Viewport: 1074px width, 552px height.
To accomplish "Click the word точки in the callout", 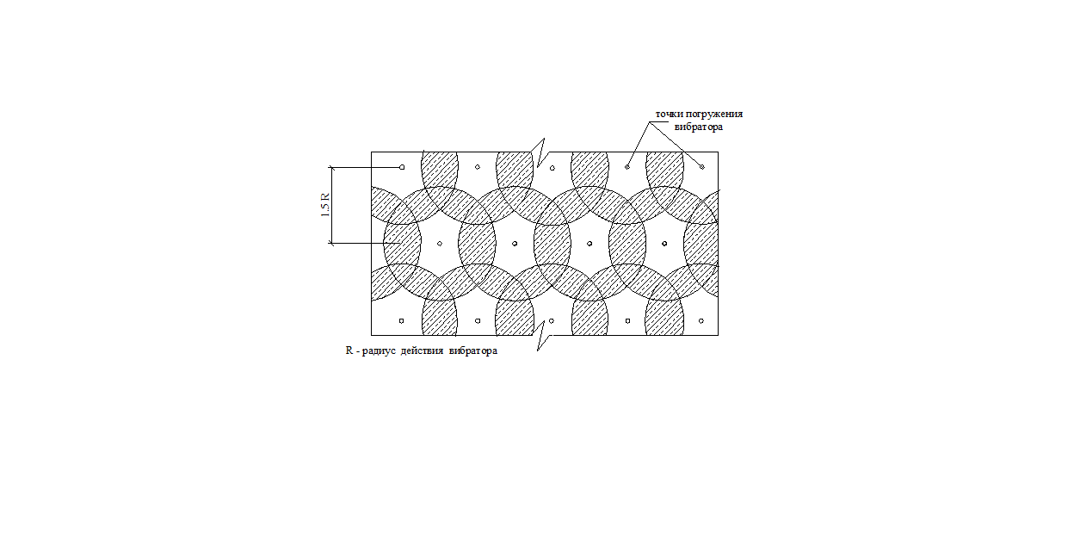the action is (x=670, y=115).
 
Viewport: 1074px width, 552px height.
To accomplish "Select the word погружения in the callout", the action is (x=714, y=115).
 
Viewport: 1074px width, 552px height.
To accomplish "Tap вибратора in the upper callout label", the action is (x=699, y=127).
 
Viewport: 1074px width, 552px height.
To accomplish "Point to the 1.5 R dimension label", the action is (x=325, y=205).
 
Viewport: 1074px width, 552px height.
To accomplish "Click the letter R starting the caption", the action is (x=349, y=350).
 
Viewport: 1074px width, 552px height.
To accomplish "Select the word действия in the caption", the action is (x=422, y=351).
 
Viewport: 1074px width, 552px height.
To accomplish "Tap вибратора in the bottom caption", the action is (x=473, y=351).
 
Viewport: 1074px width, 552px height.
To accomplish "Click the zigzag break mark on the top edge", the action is (x=540, y=152).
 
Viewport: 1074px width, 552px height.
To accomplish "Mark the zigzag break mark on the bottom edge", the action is (x=542, y=336).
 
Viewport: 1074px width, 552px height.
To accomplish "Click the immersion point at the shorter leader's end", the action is (x=627, y=167).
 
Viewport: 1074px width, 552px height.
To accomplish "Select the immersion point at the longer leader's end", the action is (x=702, y=167).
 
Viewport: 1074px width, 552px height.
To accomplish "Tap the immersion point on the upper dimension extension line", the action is (x=402, y=167).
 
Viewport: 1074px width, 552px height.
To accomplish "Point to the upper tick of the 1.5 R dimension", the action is (x=330, y=167).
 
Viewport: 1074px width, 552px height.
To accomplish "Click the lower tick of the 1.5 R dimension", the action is (x=330, y=243).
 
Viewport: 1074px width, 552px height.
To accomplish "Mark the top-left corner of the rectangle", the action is (x=371, y=152).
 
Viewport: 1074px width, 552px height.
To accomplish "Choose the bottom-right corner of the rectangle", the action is (x=719, y=335).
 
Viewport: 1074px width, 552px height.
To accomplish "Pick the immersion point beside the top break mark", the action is (x=552, y=168).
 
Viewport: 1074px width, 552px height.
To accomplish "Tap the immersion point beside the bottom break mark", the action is (x=552, y=321).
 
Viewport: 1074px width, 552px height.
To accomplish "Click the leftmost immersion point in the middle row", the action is (x=440, y=244).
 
